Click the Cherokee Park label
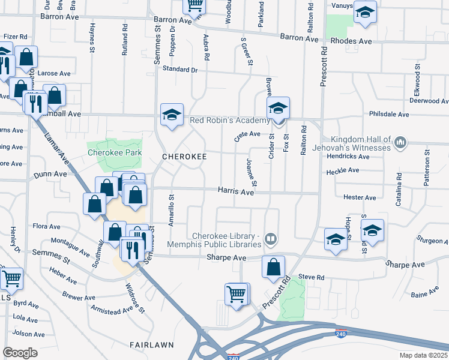click(x=115, y=152)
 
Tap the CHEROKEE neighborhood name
click(x=185, y=157)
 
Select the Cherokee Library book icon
click(x=271, y=240)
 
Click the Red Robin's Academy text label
click(x=228, y=120)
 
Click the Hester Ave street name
click(x=360, y=197)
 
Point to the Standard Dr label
click(x=180, y=70)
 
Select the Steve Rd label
click(x=311, y=278)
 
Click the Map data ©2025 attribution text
click(x=424, y=355)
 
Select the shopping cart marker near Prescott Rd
click(x=237, y=295)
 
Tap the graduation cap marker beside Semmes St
click(x=172, y=115)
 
